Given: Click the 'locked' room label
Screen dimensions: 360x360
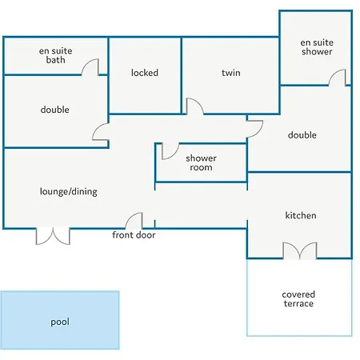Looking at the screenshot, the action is (145, 73).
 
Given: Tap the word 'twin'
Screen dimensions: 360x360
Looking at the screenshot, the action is (231, 73).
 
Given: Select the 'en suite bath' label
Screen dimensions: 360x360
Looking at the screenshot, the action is (55, 55).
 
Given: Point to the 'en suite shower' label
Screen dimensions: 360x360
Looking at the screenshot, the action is (317, 46).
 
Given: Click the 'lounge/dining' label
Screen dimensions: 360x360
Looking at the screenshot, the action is (69, 191).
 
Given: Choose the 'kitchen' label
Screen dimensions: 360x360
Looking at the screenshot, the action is (301, 215).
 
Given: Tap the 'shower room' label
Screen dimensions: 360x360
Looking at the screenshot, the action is (201, 162).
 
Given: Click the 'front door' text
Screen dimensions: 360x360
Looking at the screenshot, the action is (134, 235).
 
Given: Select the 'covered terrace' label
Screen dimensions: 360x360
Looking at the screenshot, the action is (298, 299).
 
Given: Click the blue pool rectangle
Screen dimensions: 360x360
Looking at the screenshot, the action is (60, 320).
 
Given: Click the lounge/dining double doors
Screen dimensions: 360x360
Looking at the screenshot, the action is (53, 236).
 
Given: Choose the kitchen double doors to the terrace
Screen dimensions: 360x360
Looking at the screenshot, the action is (300, 250).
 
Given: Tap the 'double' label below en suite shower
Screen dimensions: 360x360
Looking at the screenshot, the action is (302, 135).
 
